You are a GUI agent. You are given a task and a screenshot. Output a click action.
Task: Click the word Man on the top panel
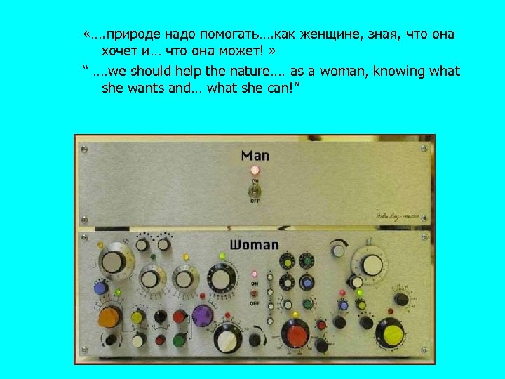click(x=255, y=155)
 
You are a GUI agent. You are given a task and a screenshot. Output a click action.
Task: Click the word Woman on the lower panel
click(x=254, y=245)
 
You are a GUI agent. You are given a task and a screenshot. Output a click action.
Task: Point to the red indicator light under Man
click(x=255, y=171)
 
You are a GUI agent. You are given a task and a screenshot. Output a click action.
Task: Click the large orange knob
click(x=108, y=317)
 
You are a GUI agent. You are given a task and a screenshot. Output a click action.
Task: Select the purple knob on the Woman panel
click(x=202, y=315)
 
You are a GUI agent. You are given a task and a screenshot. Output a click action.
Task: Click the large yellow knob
click(x=389, y=331)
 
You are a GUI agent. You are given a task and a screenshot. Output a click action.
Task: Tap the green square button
click(x=177, y=341)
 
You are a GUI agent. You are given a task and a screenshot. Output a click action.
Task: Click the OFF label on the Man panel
click(x=255, y=200)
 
